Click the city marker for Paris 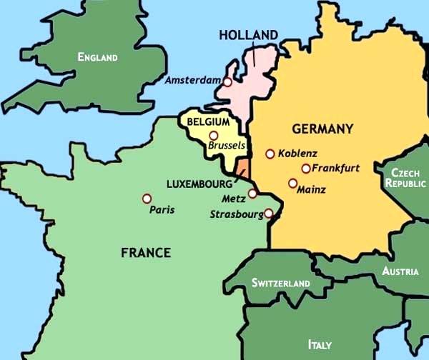pos(147,198)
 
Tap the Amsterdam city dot pos(227,81)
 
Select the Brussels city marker pos(213,135)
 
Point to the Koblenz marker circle pos(270,154)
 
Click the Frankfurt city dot pos(305,169)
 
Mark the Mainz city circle pos(292,183)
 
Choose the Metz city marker pos(252,194)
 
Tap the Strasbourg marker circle pos(268,213)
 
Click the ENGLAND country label pos(97,56)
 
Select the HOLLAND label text pos(248,35)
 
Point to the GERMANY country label pos(322,129)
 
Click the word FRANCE pos(146,252)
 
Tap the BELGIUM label pos(207,122)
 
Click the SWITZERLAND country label pos(280,284)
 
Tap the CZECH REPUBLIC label pos(405,178)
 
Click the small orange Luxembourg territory pos(242,169)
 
